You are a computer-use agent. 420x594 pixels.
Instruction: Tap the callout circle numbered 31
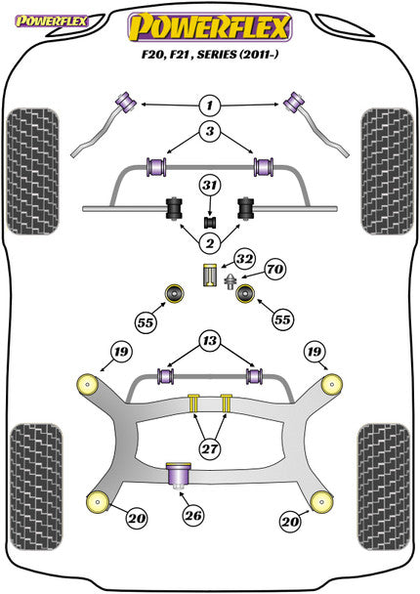point(208,186)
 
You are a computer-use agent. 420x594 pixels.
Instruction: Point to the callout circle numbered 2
point(208,242)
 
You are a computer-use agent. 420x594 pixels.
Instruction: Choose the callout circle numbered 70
point(274,267)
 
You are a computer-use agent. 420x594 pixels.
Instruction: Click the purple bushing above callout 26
point(179,476)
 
